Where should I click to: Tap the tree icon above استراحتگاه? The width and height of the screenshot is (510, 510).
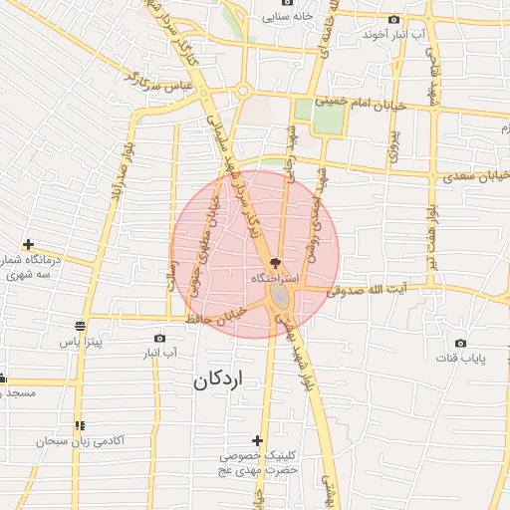click(x=275, y=263)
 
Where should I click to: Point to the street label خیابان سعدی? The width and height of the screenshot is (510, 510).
click(x=468, y=177)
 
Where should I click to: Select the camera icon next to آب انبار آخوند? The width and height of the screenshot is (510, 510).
click(x=394, y=19)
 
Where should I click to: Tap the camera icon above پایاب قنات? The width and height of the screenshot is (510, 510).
click(x=438, y=341)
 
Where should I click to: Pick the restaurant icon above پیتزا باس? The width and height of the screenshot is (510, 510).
click(x=80, y=326)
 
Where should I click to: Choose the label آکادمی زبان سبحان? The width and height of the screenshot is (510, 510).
click(x=80, y=440)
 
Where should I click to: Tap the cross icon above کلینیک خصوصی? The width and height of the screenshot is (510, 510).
click(x=257, y=440)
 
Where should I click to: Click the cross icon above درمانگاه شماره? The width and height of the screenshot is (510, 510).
click(x=28, y=244)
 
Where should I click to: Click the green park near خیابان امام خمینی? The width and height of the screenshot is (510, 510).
click(x=328, y=119)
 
